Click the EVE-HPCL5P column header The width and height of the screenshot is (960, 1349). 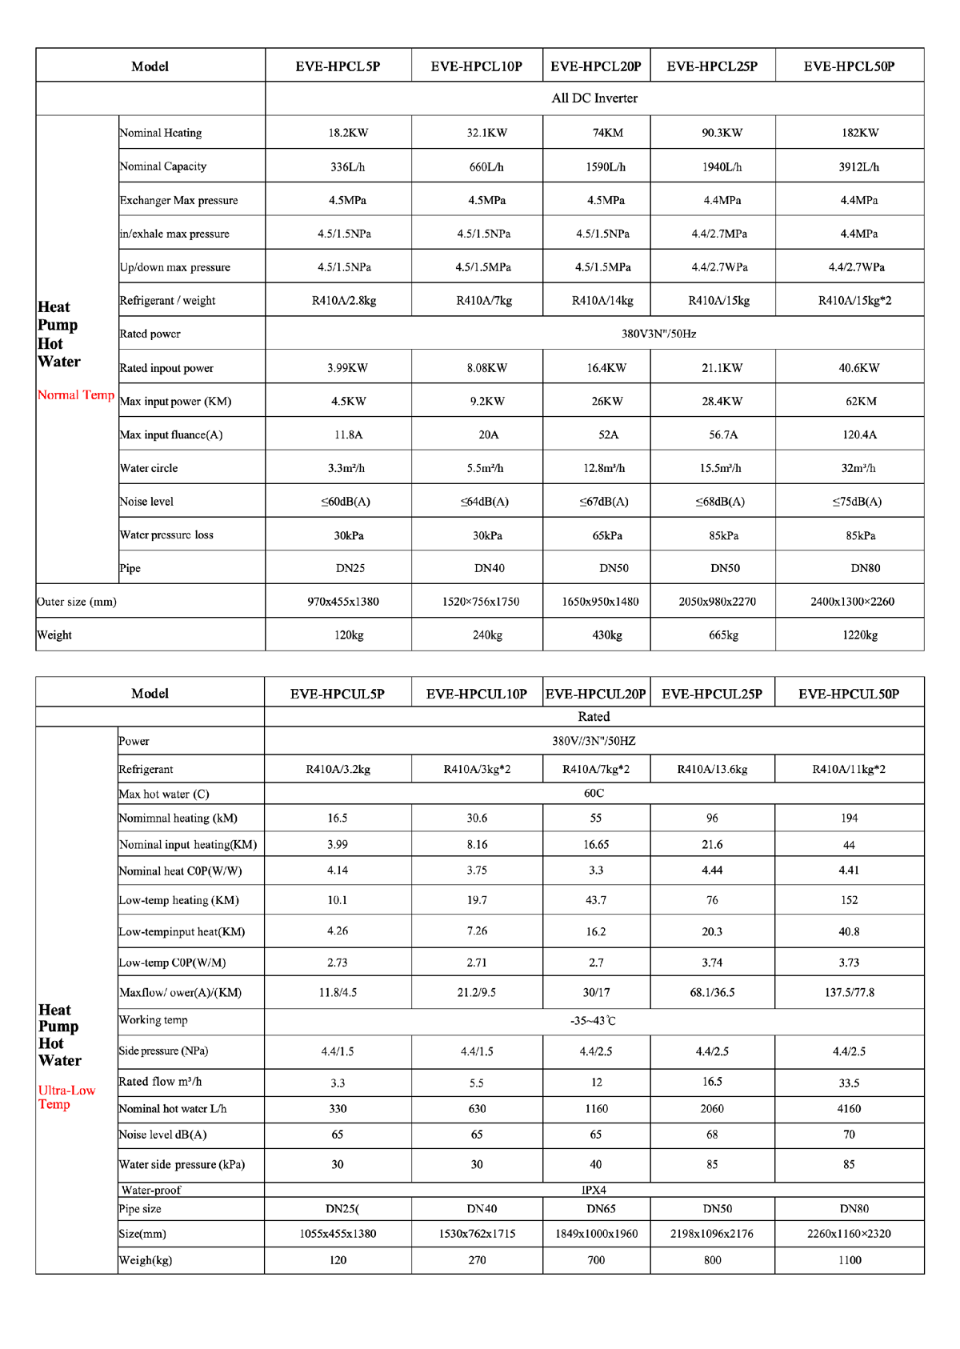[338, 66]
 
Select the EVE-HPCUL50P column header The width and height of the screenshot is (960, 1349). [849, 694]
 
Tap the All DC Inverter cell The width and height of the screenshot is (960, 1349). [594, 98]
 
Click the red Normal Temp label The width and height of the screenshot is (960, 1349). [76, 394]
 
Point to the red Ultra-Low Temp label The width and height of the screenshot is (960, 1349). [66, 1097]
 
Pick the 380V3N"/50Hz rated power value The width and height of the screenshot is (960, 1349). [658, 334]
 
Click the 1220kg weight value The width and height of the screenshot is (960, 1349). [860, 635]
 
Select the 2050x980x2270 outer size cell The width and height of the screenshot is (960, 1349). [717, 602]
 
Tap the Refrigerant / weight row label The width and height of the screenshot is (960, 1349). [167, 301]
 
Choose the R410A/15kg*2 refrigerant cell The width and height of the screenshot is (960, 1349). [854, 301]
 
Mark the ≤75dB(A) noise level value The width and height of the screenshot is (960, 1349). [857, 502]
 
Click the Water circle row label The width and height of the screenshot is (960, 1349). [149, 468]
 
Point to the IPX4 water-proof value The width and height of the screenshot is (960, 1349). [594, 1190]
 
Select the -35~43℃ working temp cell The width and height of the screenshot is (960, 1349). [593, 1021]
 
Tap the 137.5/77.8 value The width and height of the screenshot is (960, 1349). [849, 993]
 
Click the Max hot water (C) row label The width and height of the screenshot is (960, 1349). [164, 794]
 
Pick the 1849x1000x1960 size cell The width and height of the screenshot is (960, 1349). [596, 1234]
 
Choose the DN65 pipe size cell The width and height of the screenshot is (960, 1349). [596, 1209]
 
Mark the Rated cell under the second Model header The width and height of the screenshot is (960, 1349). [594, 717]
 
